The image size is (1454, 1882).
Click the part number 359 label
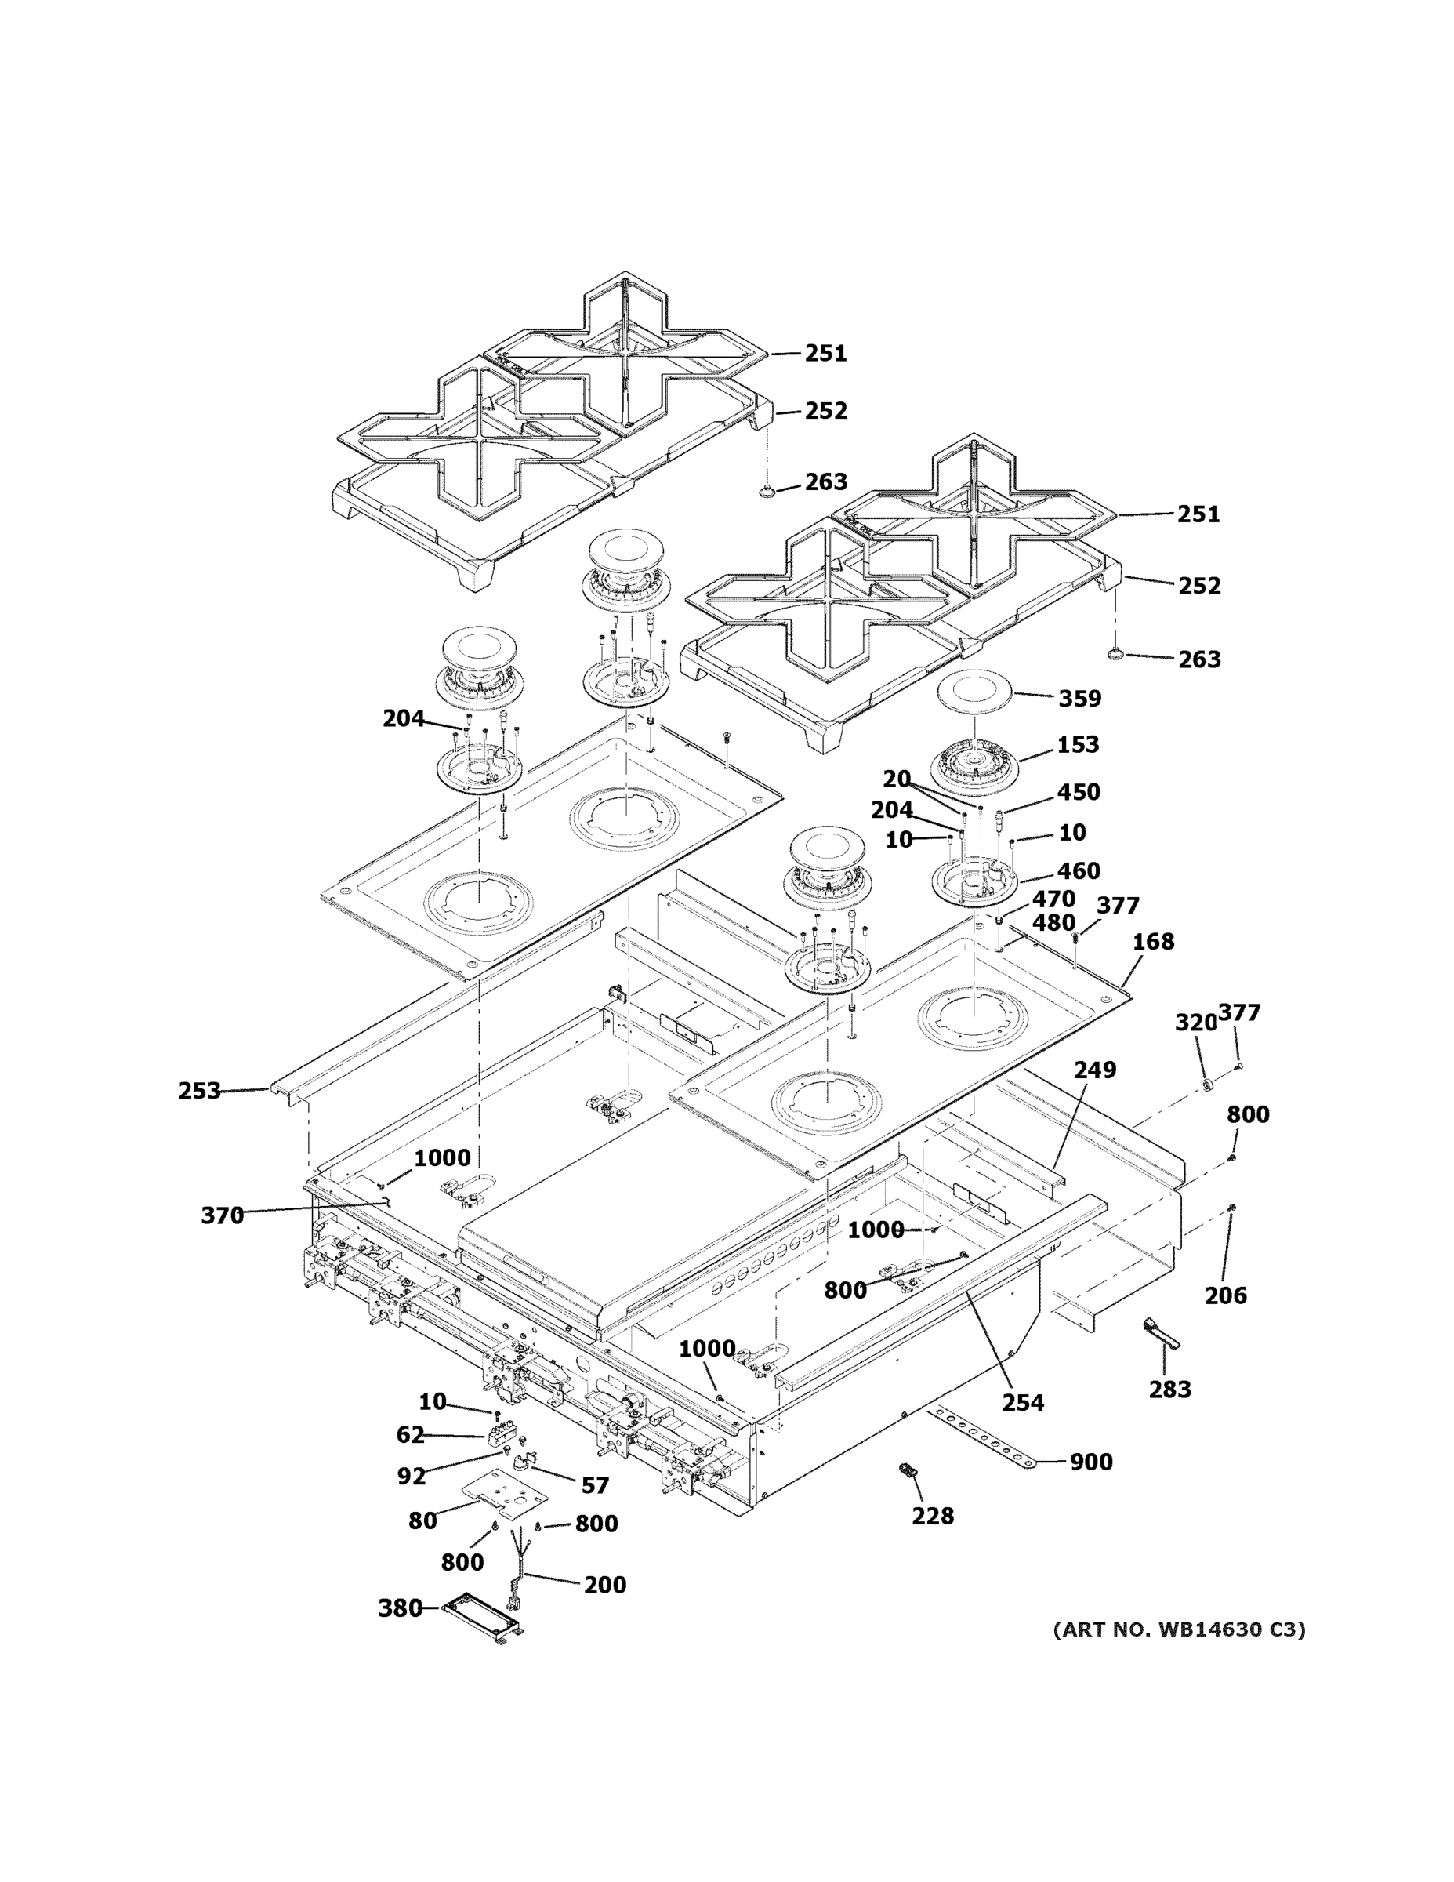point(1079,698)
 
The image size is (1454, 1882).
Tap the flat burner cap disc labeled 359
point(976,690)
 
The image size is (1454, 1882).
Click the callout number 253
point(199,1091)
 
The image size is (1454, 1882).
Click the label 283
point(1169,1388)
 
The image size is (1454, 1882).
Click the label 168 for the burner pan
point(1152,942)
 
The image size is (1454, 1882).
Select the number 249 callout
point(1095,1070)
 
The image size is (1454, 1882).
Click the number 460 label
point(1079,870)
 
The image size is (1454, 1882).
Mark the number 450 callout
point(1079,792)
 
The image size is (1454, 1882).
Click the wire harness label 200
point(604,1585)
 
